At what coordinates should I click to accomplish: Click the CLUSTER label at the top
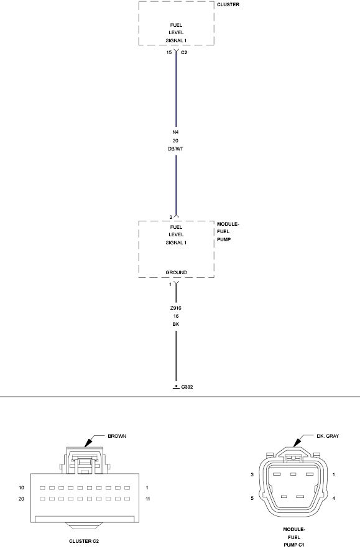click(x=228, y=4)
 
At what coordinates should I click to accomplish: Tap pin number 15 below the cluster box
click(x=169, y=52)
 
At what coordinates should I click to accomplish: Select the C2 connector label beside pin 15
click(x=184, y=52)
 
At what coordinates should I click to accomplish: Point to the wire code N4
click(x=175, y=132)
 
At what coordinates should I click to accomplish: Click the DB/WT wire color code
click(x=175, y=149)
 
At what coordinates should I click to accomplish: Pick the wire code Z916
click(x=175, y=308)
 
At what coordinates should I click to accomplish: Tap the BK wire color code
click(x=176, y=324)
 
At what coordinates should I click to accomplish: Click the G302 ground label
click(x=187, y=387)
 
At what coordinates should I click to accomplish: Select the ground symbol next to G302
click(x=176, y=387)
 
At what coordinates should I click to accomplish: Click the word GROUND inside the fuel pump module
click(x=177, y=272)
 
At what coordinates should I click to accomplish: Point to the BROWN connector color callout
click(x=117, y=436)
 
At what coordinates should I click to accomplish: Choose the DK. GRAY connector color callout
click(x=328, y=436)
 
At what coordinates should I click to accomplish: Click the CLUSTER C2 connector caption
click(x=84, y=541)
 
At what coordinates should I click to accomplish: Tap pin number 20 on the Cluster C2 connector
click(x=22, y=499)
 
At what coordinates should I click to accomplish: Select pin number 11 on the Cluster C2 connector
click(x=148, y=499)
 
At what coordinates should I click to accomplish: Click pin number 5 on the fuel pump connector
click(x=252, y=498)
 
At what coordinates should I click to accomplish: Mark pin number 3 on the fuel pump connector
click(x=252, y=474)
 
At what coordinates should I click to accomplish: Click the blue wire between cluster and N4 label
click(x=176, y=88)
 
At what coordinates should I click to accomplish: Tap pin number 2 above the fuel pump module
click(x=170, y=217)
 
